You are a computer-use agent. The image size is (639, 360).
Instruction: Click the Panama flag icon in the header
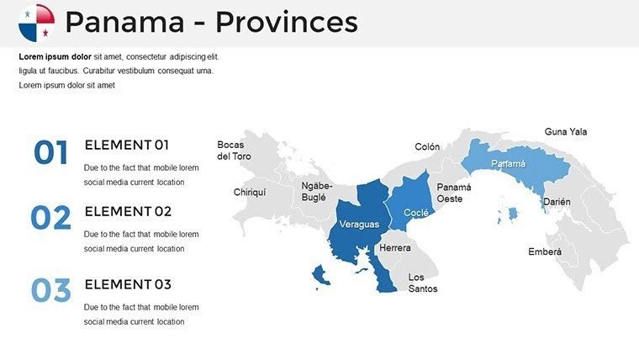click(x=36, y=23)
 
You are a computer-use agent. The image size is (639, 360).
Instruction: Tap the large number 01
click(x=50, y=153)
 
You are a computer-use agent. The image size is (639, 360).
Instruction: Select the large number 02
click(x=51, y=219)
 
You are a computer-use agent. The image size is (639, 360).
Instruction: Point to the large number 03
click(x=51, y=290)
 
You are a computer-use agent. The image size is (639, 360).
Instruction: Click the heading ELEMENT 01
click(x=127, y=145)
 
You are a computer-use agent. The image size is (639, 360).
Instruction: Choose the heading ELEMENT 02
click(x=128, y=211)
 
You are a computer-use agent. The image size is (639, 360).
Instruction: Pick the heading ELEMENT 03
click(x=128, y=283)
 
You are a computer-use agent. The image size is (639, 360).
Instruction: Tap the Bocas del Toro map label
click(x=234, y=151)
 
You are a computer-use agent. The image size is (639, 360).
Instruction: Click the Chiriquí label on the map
click(x=250, y=192)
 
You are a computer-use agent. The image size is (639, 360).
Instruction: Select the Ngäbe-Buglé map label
click(x=317, y=191)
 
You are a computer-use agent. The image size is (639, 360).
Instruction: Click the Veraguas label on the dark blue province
click(x=359, y=225)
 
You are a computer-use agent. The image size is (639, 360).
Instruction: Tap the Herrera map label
click(x=395, y=248)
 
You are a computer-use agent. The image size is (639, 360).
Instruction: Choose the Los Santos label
click(x=422, y=283)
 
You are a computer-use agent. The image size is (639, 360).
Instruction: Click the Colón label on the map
click(x=427, y=147)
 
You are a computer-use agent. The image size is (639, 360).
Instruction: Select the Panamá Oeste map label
click(x=454, y=193)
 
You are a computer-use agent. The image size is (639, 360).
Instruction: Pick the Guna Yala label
click(x=566, y=132)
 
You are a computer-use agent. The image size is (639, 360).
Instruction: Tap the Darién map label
click(x=557, y=202)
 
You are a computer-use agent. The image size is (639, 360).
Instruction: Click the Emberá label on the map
click(x=545, y=251)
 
